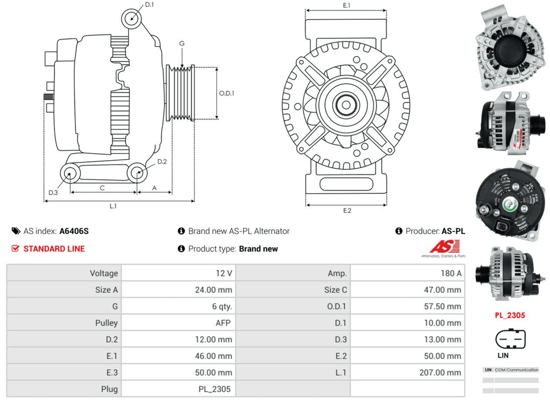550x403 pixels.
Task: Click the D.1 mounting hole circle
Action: [x=131, y=17]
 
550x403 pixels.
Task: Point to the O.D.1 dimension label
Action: [x=227, y=94]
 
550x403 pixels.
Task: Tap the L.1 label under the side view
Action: [x=113, y=206]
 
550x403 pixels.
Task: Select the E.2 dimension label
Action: [x=346, y=211]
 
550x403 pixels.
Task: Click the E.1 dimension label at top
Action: [x=346, y=6]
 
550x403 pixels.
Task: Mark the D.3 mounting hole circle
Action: [x=69, y=175]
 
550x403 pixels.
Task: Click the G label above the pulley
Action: [x=182, y=43]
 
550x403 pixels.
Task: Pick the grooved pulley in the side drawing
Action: [x=181, y=93]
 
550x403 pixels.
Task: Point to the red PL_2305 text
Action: [x=510, y=315]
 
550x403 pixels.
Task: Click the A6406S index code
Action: [x=74, y=231]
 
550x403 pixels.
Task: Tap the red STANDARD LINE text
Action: [x=54, y=249]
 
